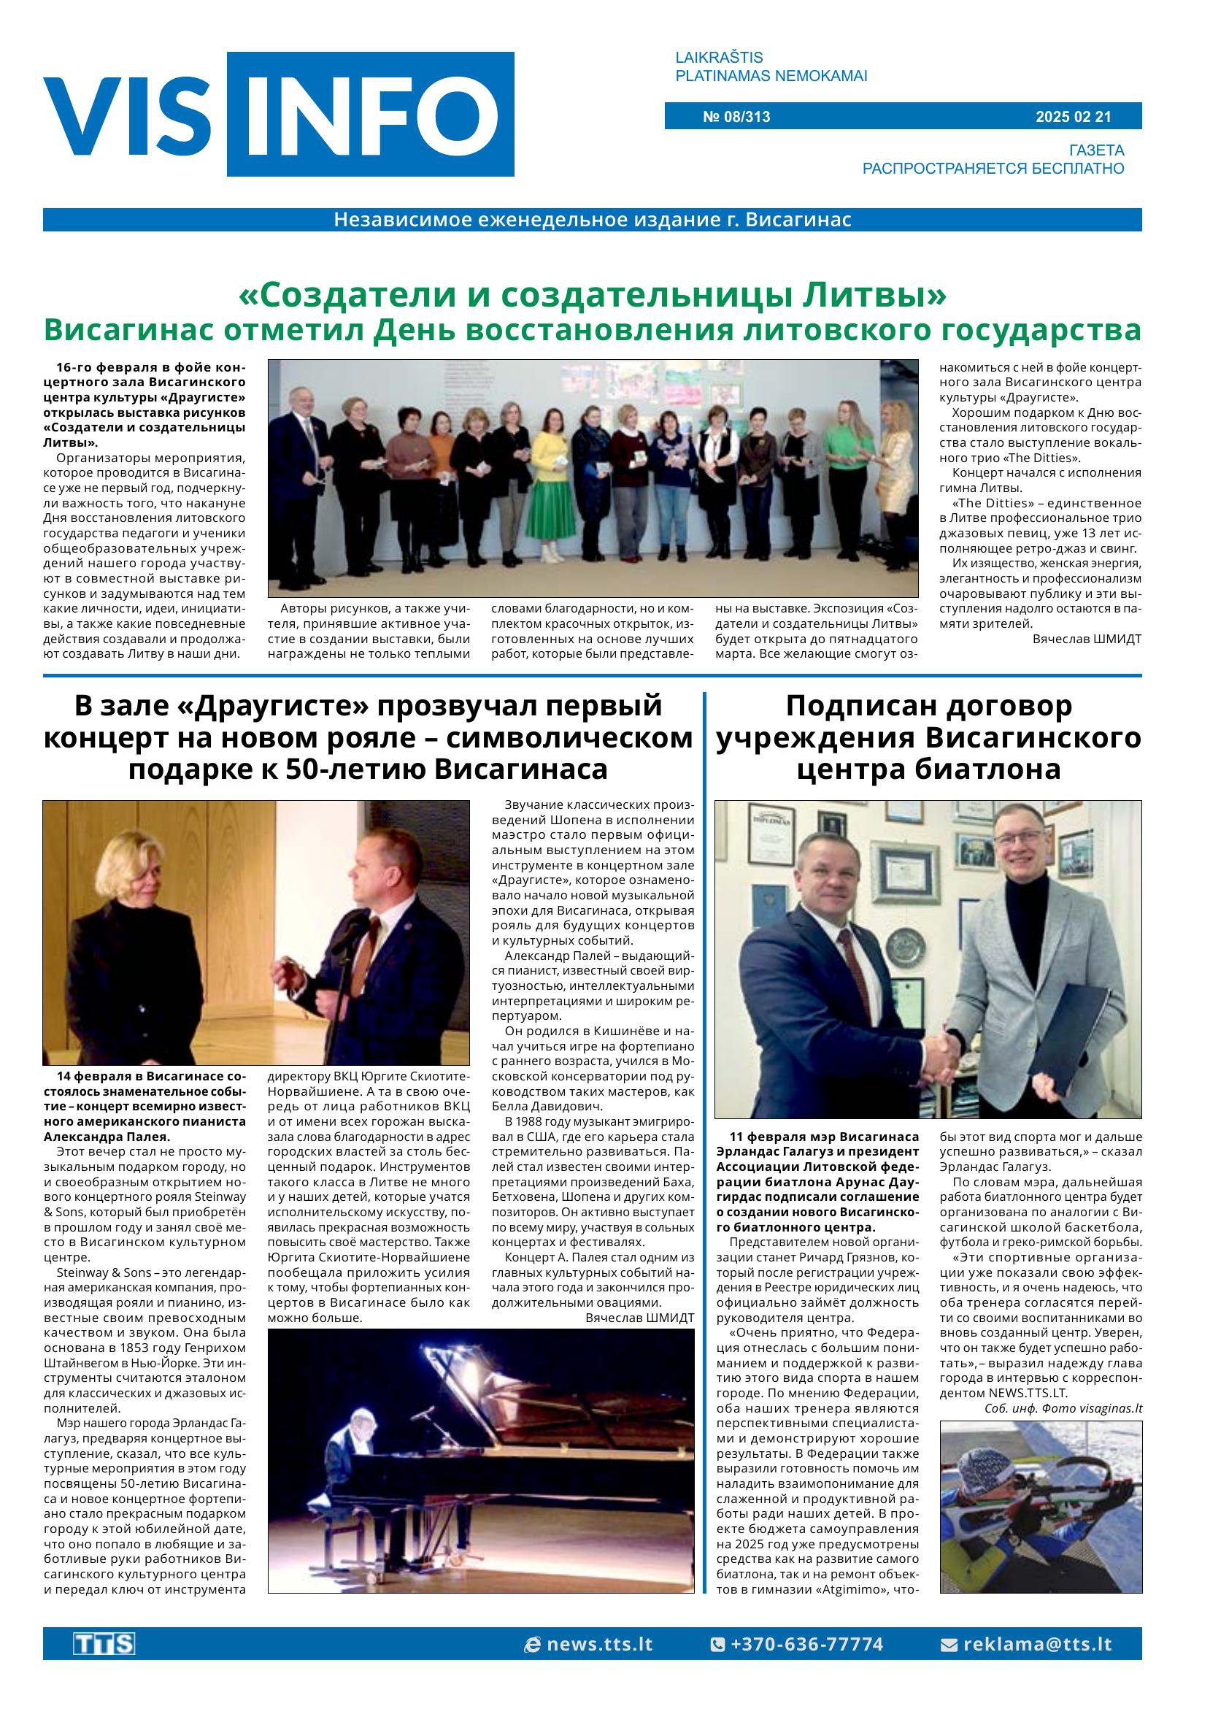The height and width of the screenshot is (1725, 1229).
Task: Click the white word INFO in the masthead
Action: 371,115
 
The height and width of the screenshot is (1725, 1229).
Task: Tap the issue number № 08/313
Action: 736,117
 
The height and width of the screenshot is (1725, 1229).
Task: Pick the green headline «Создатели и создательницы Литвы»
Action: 592,295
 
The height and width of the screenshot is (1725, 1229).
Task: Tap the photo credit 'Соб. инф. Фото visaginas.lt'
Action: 1063,1409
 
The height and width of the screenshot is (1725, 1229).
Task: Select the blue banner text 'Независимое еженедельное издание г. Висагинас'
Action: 592,220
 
